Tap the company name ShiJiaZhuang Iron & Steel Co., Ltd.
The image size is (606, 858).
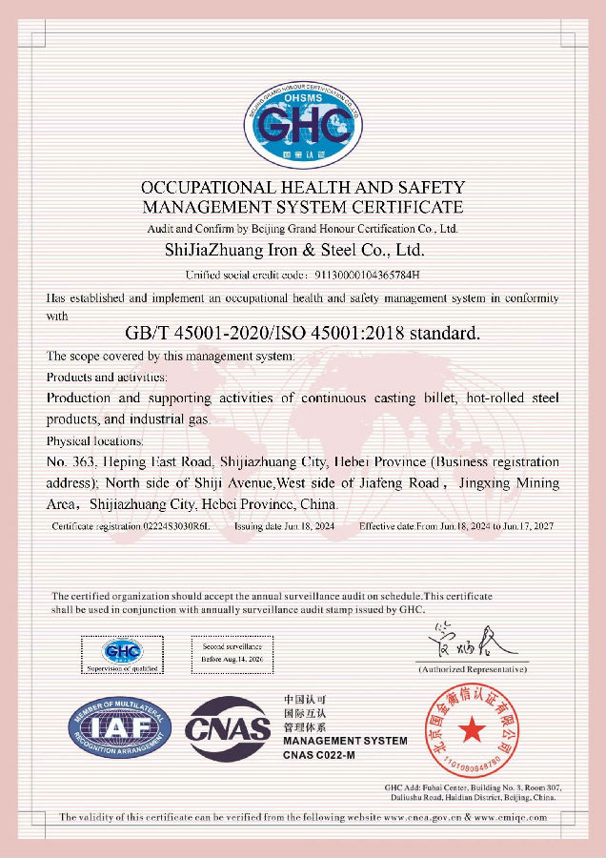tap(302, 252)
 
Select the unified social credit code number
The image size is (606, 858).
tap(367, 275)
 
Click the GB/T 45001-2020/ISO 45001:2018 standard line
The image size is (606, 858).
tap(302, 334)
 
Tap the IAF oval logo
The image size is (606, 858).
tap(120, 728)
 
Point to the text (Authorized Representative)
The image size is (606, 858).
tap(472, 669)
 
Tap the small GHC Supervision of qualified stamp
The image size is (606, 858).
tap(123, 654)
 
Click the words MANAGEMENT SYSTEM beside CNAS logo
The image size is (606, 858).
tap(345, 741)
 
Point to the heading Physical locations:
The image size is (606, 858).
tap(95, 440)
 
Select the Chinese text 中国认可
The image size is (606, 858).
tap(305, 699)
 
